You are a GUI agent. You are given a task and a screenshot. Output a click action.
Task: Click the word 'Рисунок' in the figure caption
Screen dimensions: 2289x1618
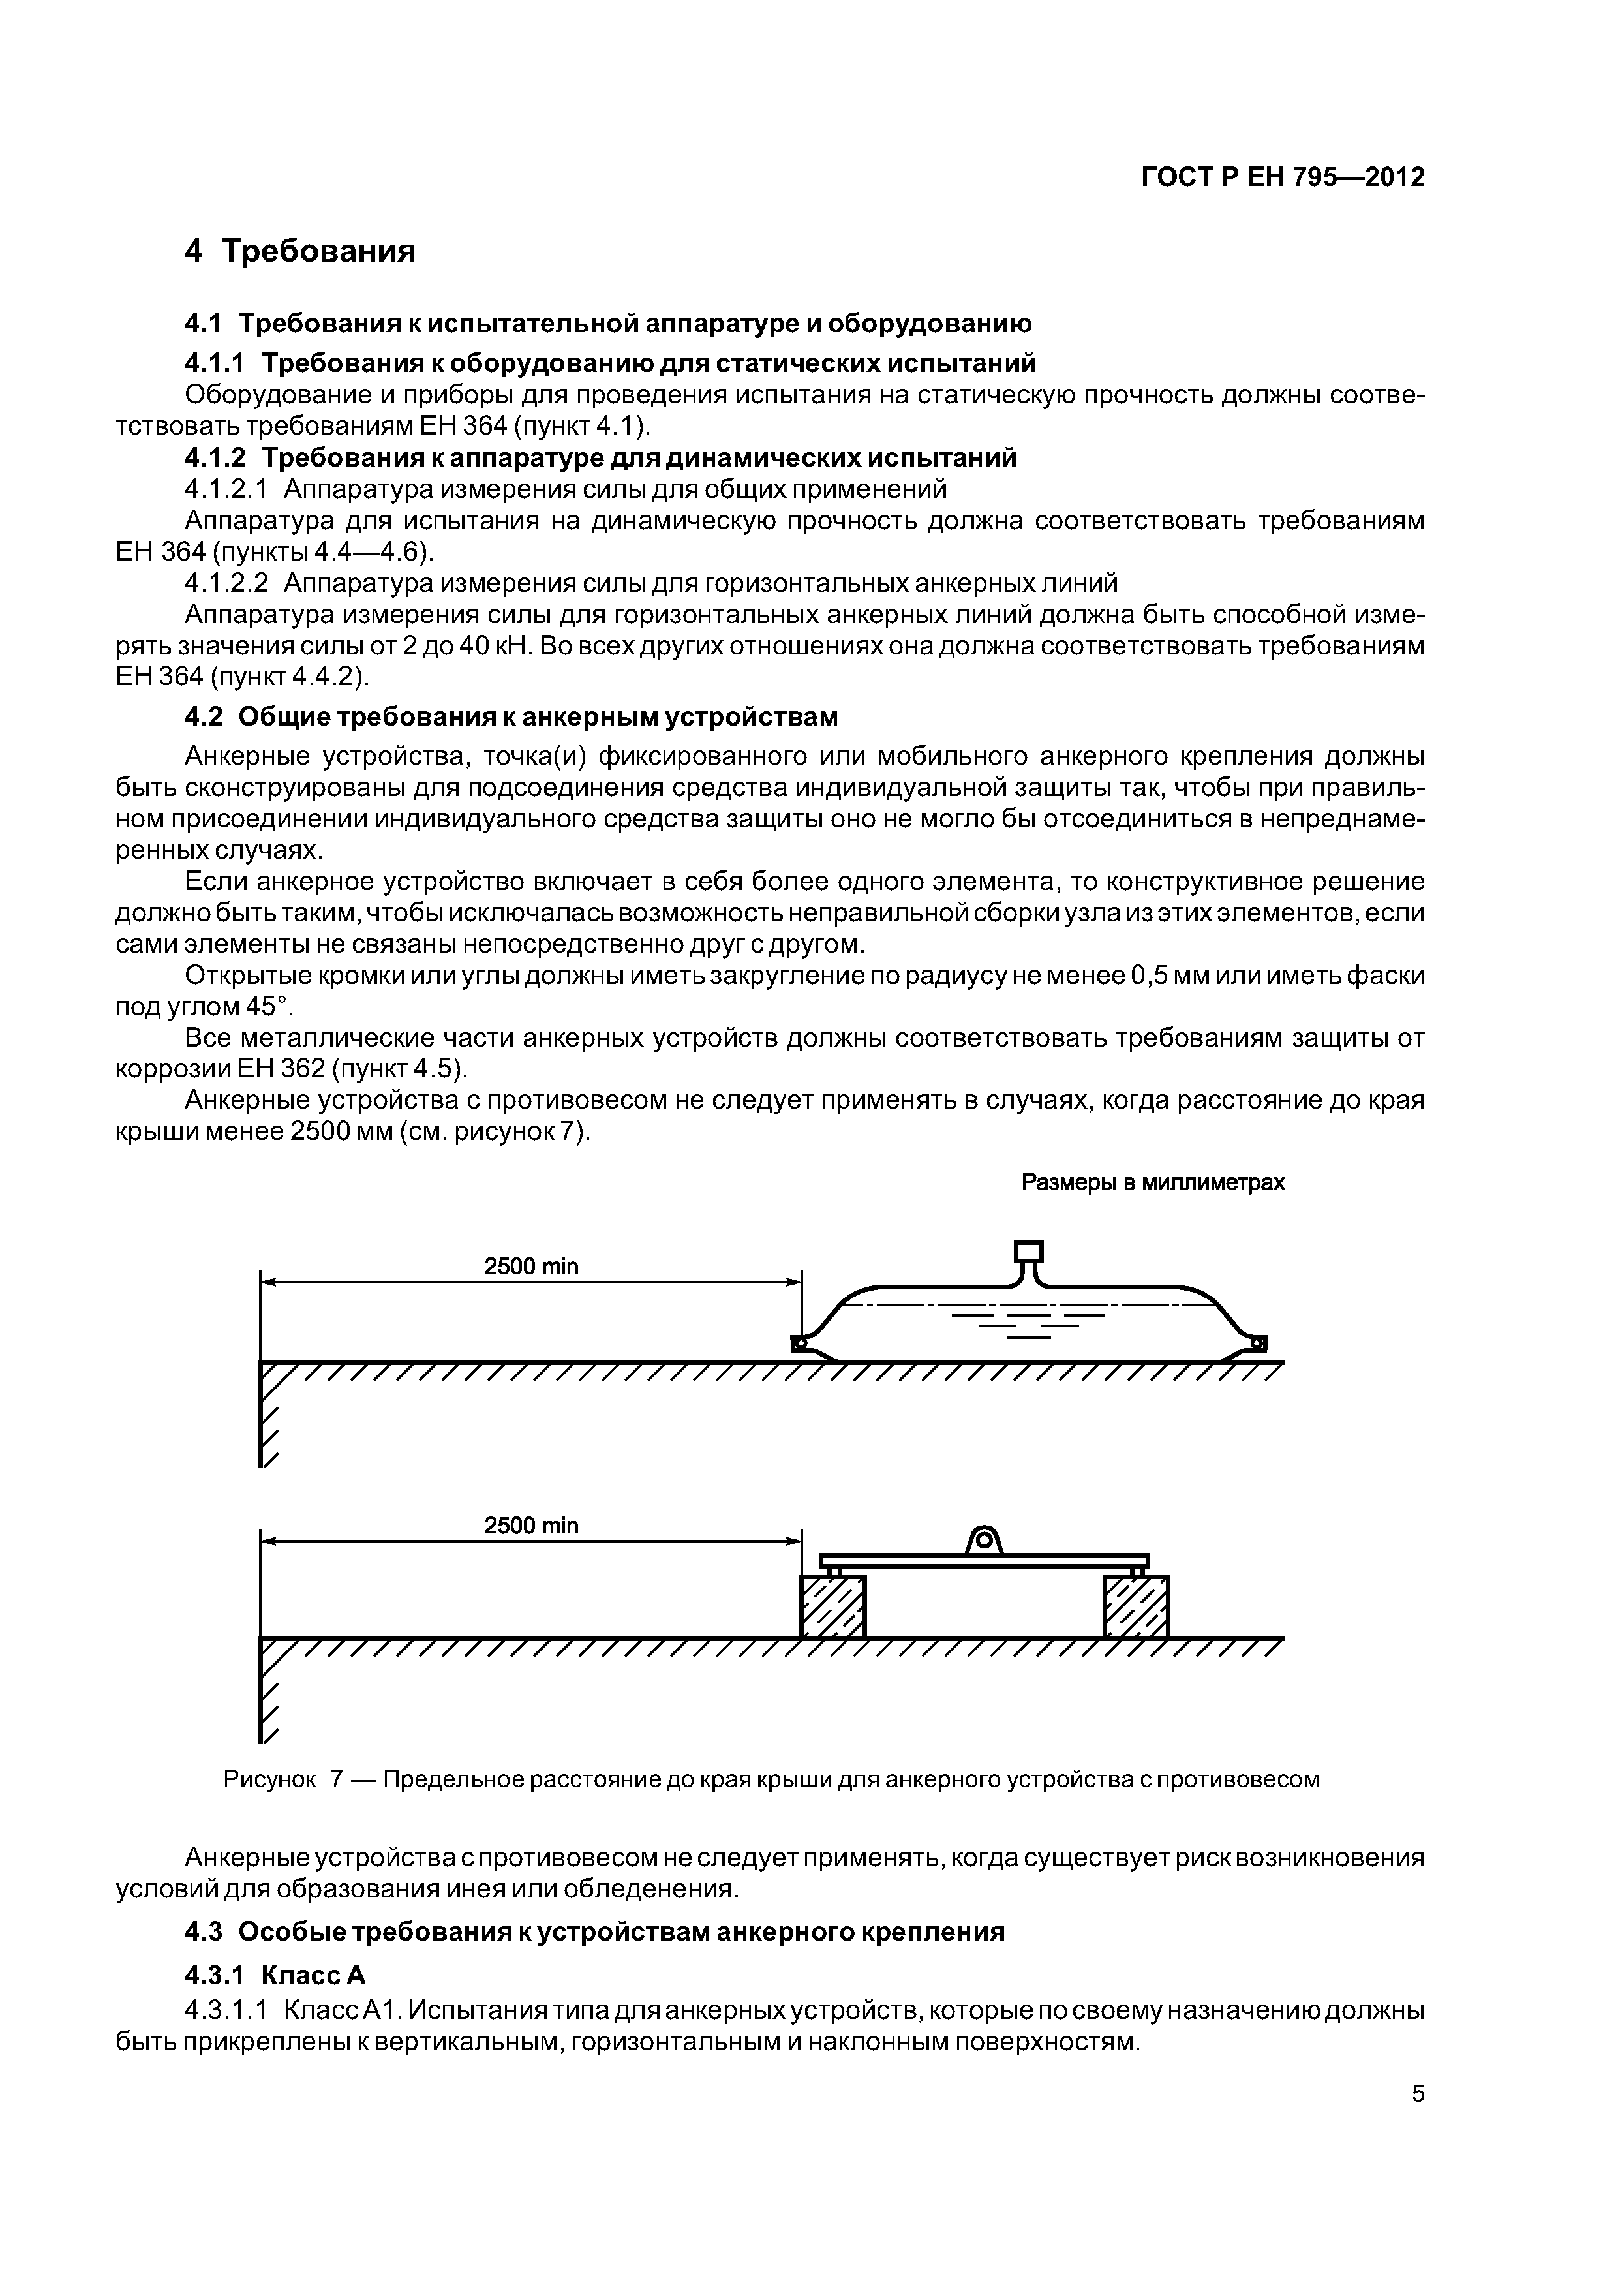coord(269,1779)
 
